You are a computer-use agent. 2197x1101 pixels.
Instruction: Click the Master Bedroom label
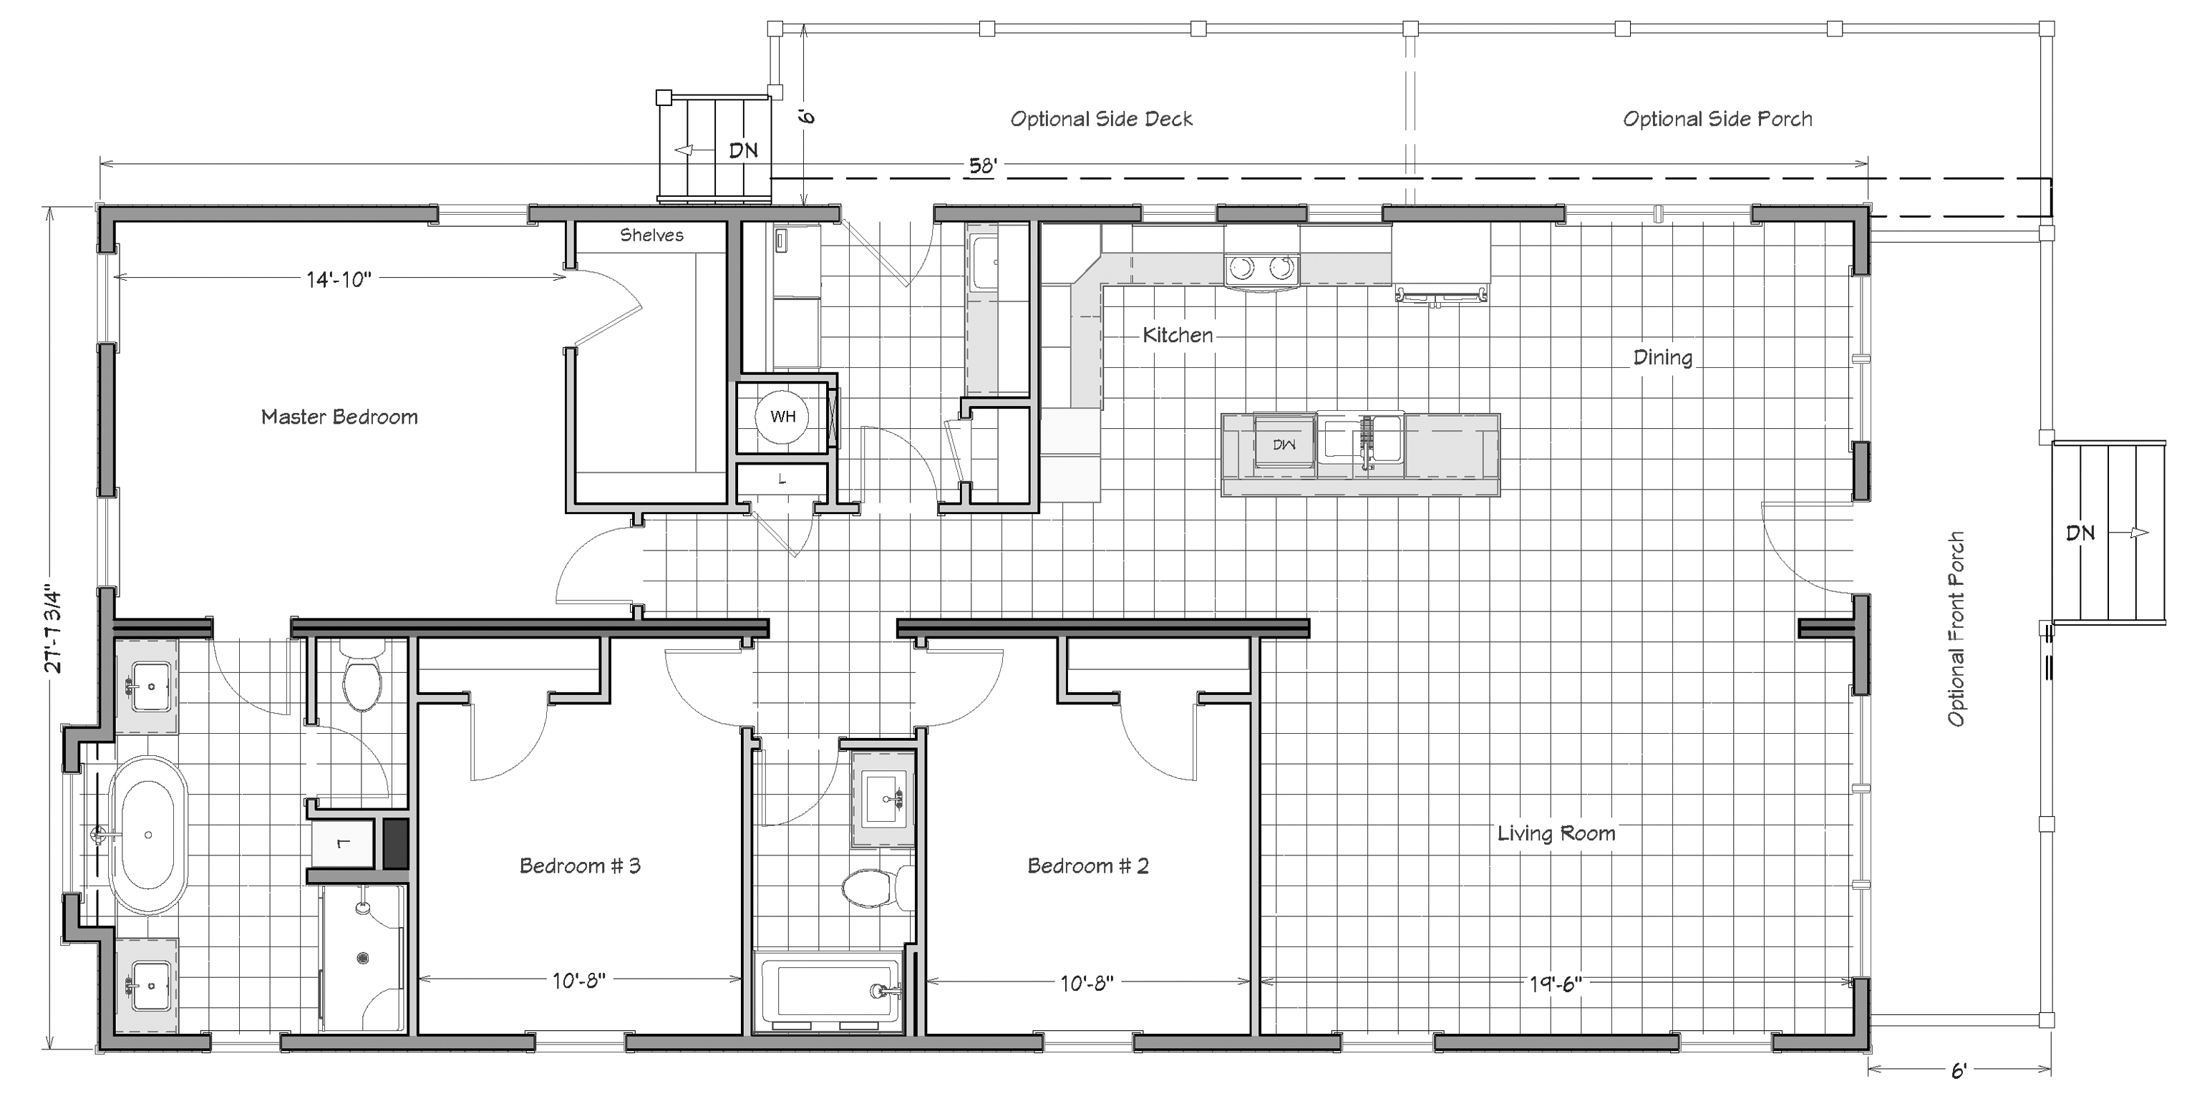pyautogui.click(x=339, y=417)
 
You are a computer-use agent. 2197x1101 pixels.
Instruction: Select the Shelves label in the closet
pyautogui.click(x=651, y=235)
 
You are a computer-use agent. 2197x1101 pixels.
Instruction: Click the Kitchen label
pyautogui.click(x=1178, y=335)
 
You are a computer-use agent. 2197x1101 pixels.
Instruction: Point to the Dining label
pyautogui.click(x=1662, y=357)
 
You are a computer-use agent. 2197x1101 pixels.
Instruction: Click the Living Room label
pyautogui.click(x=1556, y=833)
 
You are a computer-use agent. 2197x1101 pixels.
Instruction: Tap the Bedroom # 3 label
pyautogui.click(x=580, y=865)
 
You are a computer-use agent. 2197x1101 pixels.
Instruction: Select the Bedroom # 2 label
pyautogui.click(x=1087, y=865)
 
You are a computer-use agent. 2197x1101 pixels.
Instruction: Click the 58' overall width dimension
pyautogui.click(x=982, y=165)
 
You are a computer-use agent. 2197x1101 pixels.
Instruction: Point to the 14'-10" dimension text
pyautogui.click(x=339, y=279)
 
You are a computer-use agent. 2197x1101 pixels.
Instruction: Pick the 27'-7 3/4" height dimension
pyautogui.click(x=54, y=629)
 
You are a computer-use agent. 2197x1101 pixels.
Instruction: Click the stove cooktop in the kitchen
pyautogui.click(x=1262, y=268)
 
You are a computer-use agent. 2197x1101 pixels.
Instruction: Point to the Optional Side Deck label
pyautogui.click(x=1101, y=119)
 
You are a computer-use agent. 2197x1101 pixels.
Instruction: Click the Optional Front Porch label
pyautogui.click(x=1956, y=629)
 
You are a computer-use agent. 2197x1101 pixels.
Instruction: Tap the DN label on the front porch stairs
pyautogui.click(x=2080, y=533)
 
